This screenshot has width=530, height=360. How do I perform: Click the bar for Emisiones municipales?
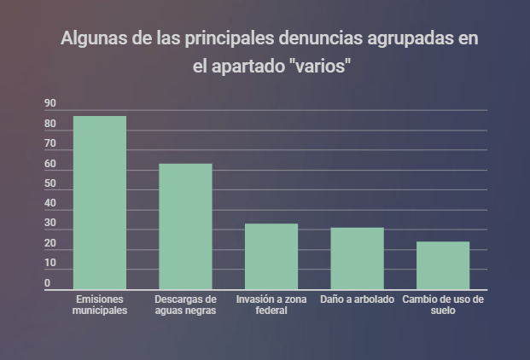coord(100,203)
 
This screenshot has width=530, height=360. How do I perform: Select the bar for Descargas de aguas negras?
coord(185,227)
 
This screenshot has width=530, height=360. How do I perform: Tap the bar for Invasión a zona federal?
coord(271,257)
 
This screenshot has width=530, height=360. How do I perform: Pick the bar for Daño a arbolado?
coord(357,258)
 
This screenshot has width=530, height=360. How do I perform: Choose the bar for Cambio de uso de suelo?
coord(443,266)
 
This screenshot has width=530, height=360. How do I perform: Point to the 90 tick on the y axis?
coord(50,104)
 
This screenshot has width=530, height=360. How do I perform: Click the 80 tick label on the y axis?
coord(50,125)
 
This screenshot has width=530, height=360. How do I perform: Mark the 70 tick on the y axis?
coord(50,144)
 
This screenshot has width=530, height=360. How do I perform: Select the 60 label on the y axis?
coord(50,165)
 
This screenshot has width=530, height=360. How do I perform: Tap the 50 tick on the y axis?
coord(50,184)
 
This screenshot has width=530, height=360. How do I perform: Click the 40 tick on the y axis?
coord(50,204)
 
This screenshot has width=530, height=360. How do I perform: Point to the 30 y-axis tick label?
coord(50,224)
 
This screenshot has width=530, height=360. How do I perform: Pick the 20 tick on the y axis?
coord(50,244)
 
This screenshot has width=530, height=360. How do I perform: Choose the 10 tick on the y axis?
coord(50,264)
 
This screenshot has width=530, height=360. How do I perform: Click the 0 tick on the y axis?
coord(48,283)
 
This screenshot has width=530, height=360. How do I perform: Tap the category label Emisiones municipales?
coord(100,305)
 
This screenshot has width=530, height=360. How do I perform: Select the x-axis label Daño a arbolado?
coord(357,300)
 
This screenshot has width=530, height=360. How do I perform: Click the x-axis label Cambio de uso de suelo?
coord(443,305)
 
